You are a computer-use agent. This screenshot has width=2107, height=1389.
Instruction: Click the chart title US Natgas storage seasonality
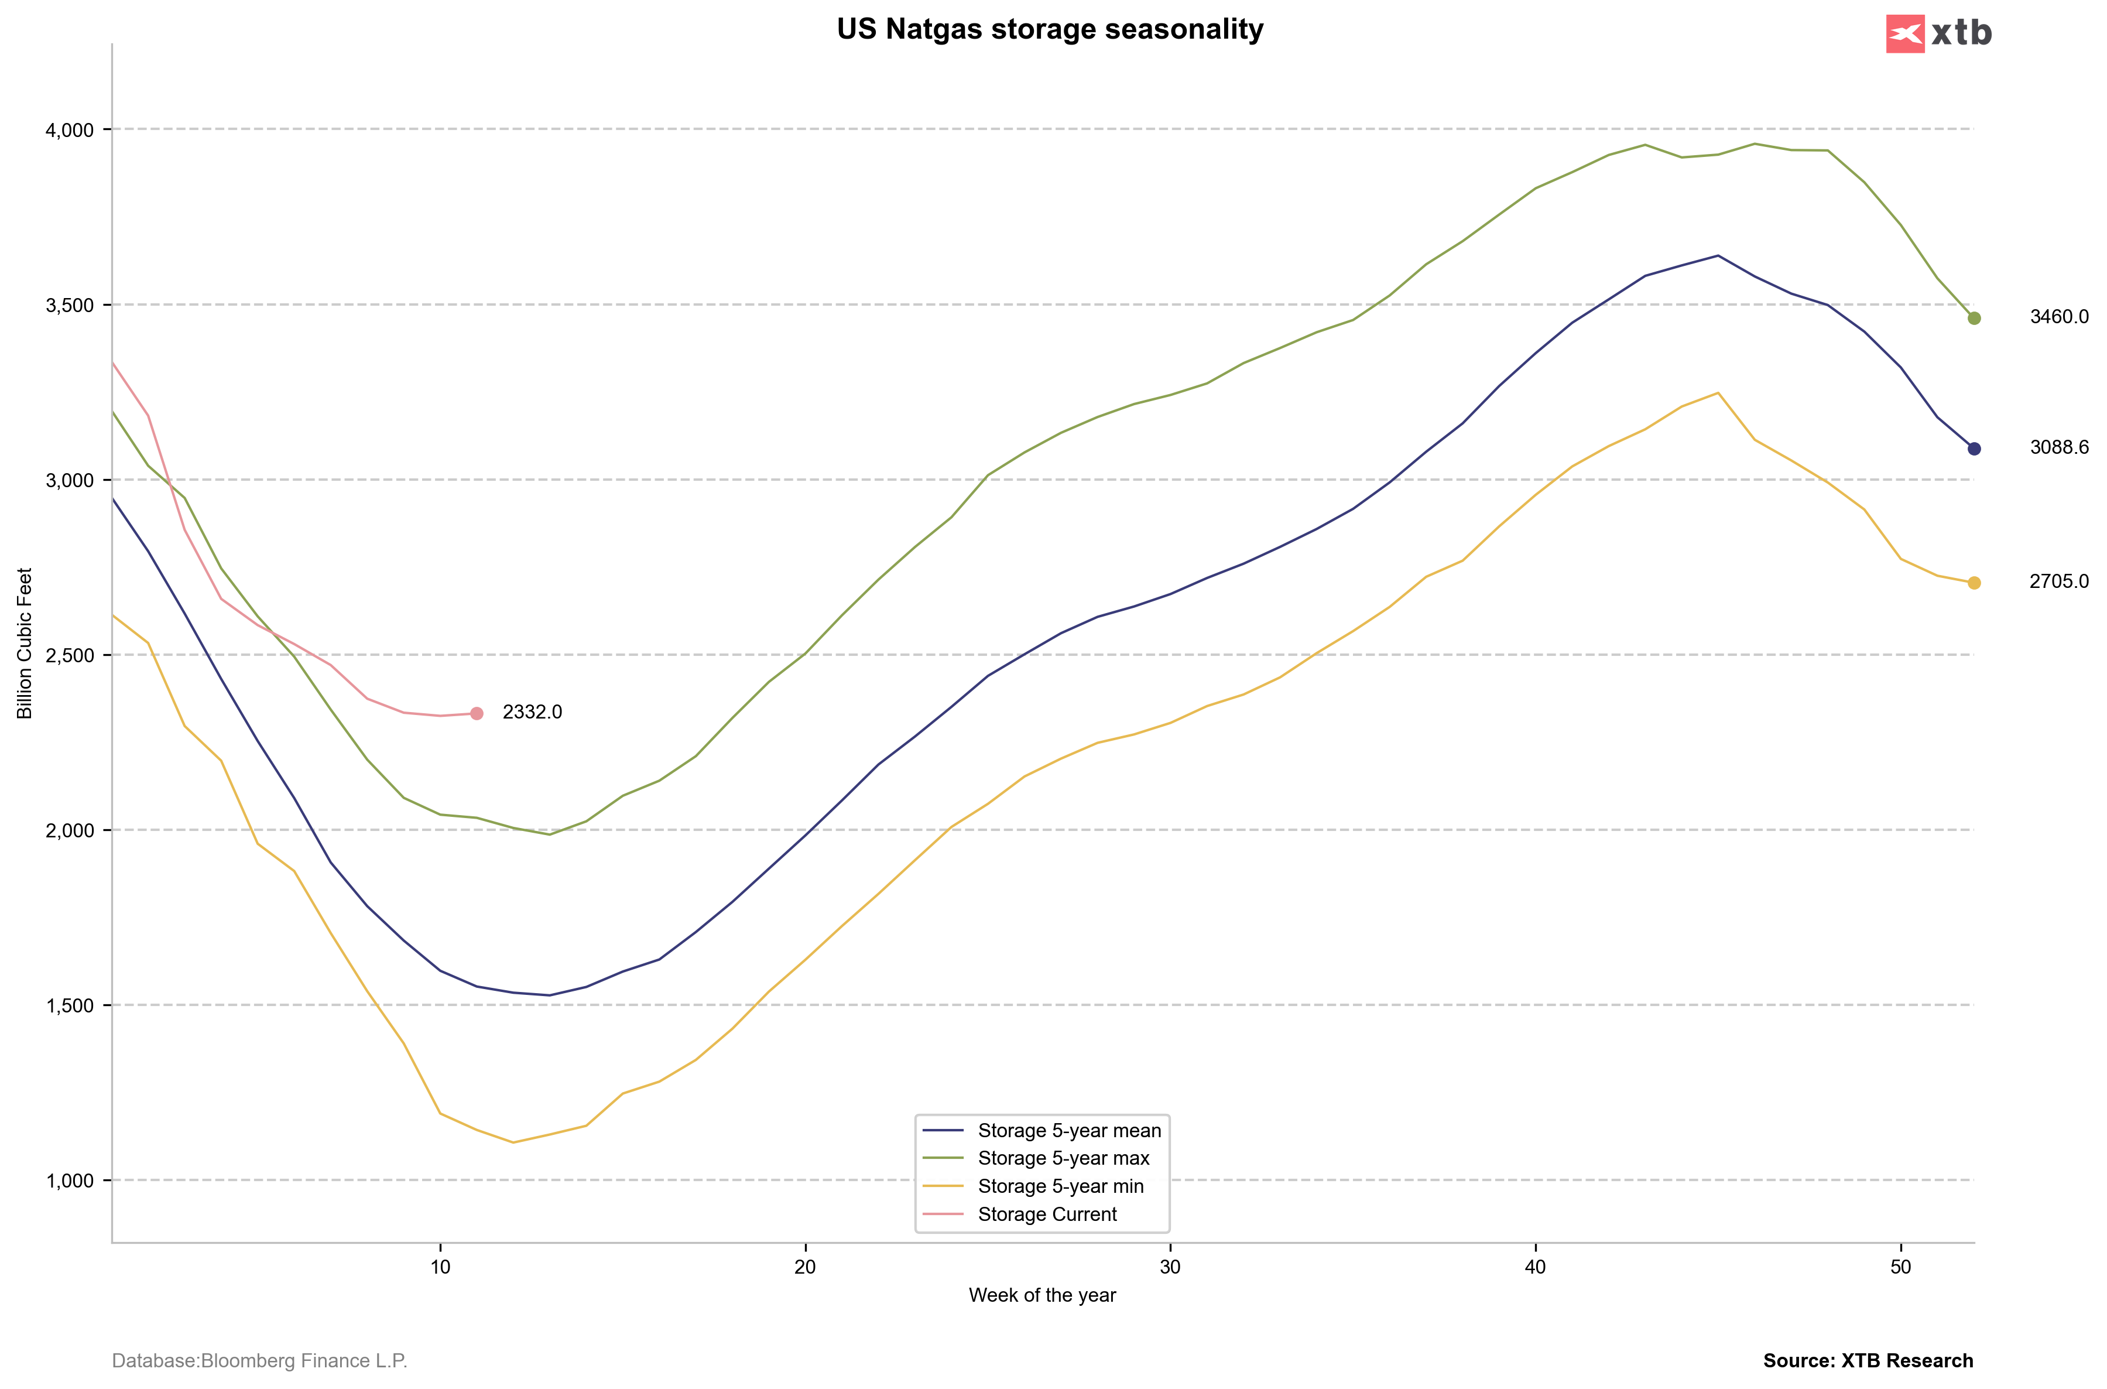(1050, 29)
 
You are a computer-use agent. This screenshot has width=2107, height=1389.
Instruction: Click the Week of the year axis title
(1043, 1296)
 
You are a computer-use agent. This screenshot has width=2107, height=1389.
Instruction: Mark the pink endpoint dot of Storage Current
(477, 714)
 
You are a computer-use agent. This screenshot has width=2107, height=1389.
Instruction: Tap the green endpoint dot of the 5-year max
(1974, 318)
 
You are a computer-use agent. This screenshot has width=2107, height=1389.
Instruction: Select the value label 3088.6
(2059, 448)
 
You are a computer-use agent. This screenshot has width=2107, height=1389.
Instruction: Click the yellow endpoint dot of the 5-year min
(1974, 583)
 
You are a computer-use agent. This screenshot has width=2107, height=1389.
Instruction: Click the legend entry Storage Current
(1047, 1214)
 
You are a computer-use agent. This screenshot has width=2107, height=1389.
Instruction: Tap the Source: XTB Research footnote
(1868, 1361)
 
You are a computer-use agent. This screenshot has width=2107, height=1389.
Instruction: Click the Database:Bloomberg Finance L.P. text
(259, 1361)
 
